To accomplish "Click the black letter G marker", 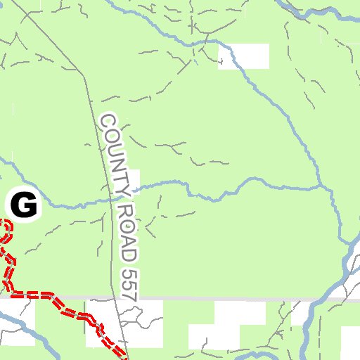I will (x=23, y=205).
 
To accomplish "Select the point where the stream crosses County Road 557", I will (x=110, y=200).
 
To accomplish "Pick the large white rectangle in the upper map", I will (x=244, y=56).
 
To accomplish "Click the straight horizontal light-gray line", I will (x=211, y=299).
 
